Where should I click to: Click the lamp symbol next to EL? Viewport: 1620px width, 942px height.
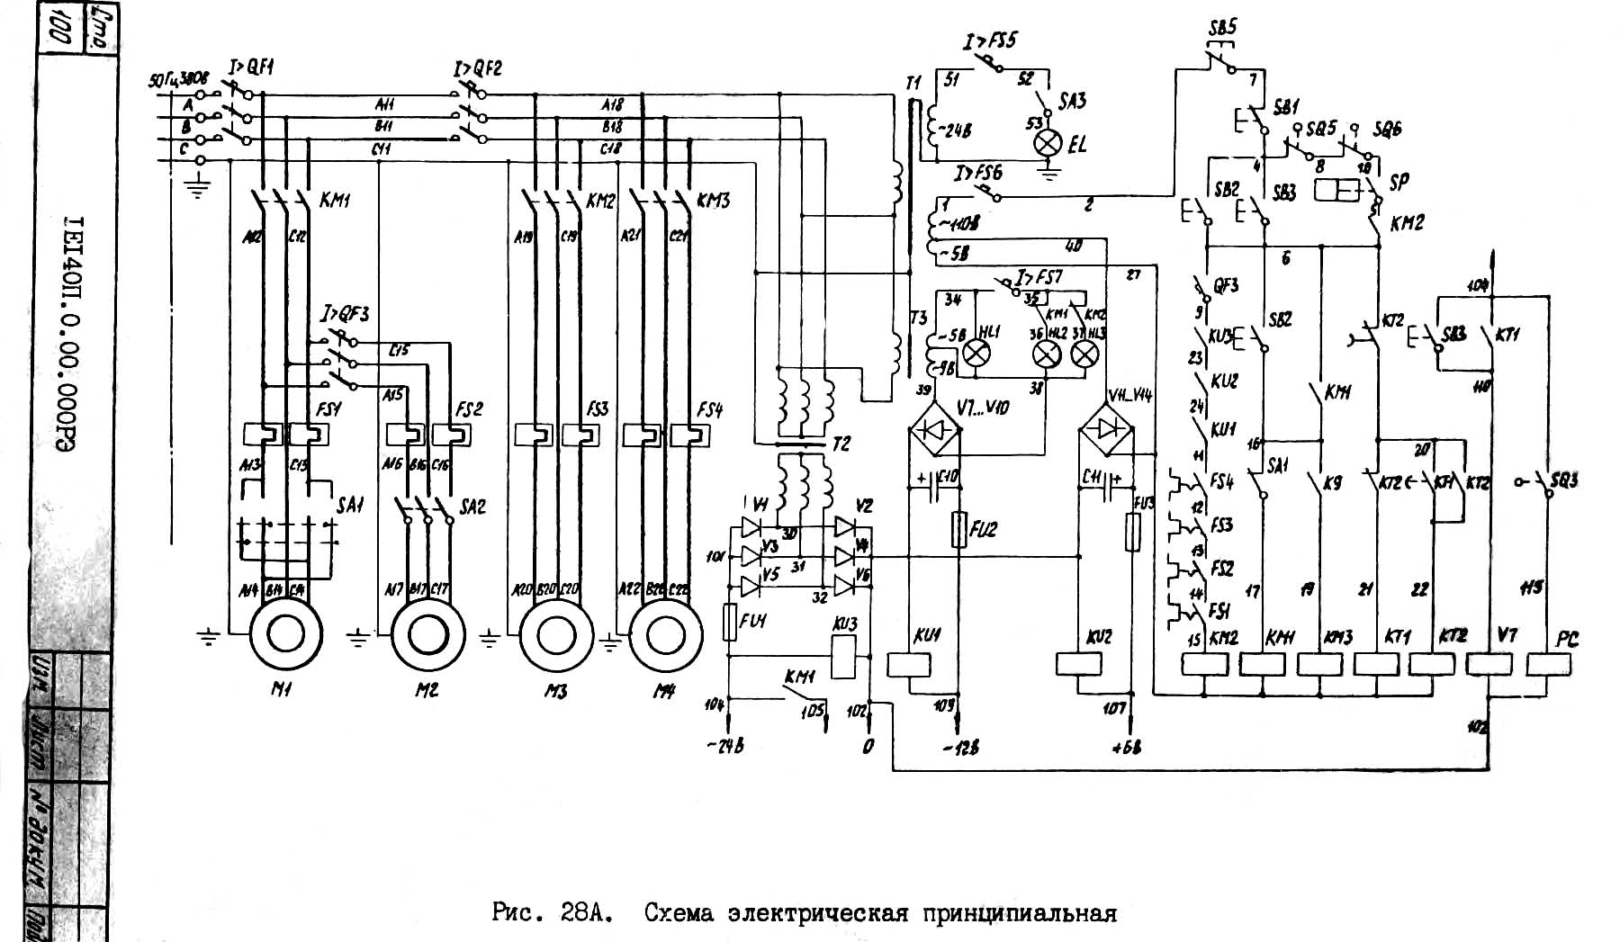1048,143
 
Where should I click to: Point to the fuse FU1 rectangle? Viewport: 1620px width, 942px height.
730,622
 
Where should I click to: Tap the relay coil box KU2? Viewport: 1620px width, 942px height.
1078,664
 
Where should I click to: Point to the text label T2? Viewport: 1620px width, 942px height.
841,445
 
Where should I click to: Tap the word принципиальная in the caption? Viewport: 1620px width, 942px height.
1019,914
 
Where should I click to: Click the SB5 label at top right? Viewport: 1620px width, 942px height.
1221,27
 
